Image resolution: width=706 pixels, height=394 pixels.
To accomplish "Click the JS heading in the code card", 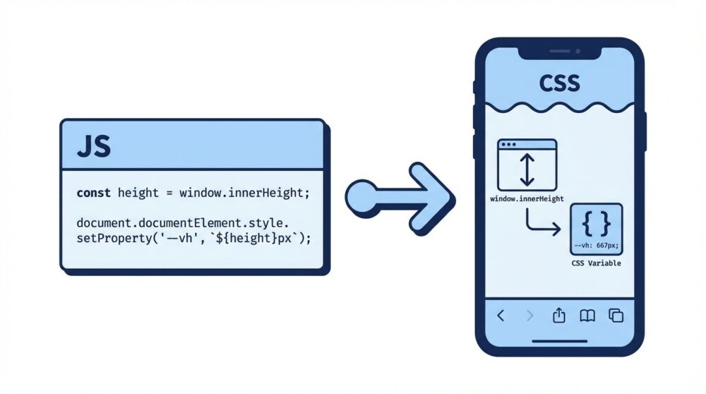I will [x=93, y=148].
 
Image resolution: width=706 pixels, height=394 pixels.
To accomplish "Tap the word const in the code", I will [x=94, y=193].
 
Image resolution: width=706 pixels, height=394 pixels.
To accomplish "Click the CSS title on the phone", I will [x=559, y=83].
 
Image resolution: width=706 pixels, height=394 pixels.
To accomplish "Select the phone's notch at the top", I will [x=560, y=52].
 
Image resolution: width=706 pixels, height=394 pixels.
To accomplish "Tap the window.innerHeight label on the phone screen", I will [x=527, y=200].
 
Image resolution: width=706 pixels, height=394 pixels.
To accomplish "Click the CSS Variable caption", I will [x=595, y=263].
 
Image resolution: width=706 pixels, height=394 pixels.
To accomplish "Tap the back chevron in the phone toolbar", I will [x=501, y=316].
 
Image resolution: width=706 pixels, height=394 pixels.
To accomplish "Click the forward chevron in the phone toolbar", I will [x=530, y=316].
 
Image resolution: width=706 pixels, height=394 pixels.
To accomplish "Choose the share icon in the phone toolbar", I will [x=559, y=315].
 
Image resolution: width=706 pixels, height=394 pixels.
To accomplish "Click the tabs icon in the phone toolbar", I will [x=616, y=316].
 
